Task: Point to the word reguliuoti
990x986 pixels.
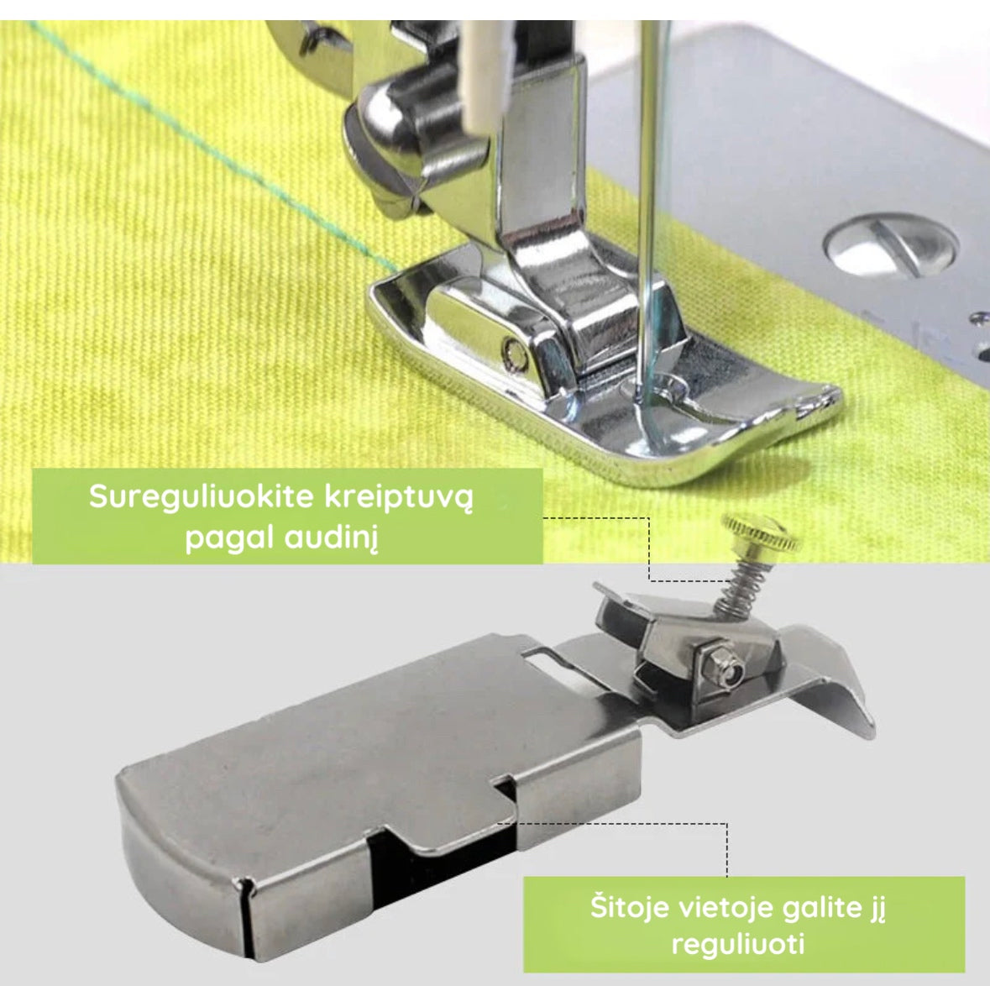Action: [738, 945]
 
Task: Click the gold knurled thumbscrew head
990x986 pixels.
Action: [762, 532]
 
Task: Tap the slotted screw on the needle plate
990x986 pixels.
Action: [891, 244]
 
